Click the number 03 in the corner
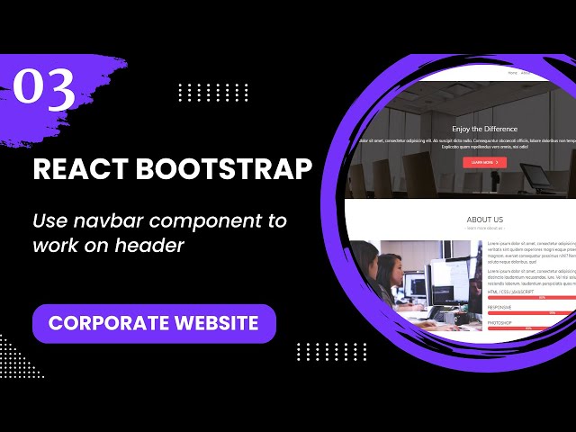point(43,90)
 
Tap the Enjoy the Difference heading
point(484,129)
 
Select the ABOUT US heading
point(484,220)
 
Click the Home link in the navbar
point(513,72)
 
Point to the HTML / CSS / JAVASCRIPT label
point(510,292)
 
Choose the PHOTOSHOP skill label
point(500,321)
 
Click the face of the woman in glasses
point(388,269)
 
